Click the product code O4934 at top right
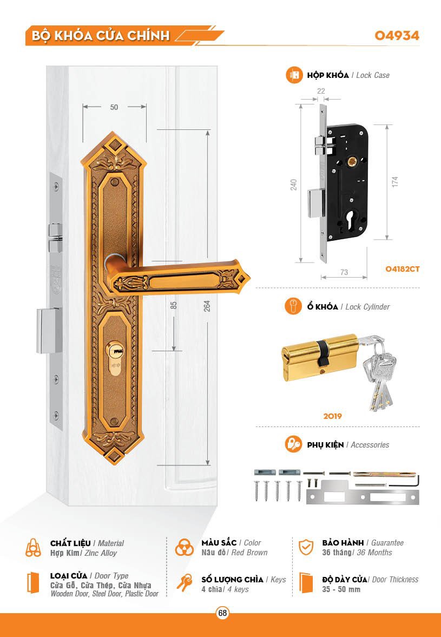[x=397, y=36]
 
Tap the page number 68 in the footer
[x=222, y=613]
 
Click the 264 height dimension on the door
[x=207, y=306]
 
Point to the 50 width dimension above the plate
[x=114, y=107]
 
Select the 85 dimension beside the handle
[x=174, y=305]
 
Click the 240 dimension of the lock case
[x=294, y=185]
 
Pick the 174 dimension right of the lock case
[x=395, y=182]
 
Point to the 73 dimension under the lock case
[x=344, y=273]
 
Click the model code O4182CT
[x=403, y=268]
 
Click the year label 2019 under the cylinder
[x=333, y=417]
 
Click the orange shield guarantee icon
[x=306, y=547]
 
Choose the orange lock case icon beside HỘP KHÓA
[x=294, y=75]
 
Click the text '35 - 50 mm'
[x=341, y=589]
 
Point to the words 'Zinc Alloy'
[x=101, y=553]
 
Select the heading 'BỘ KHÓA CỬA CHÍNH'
[x=101, y=36]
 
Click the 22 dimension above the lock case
[x=321, y=91]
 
